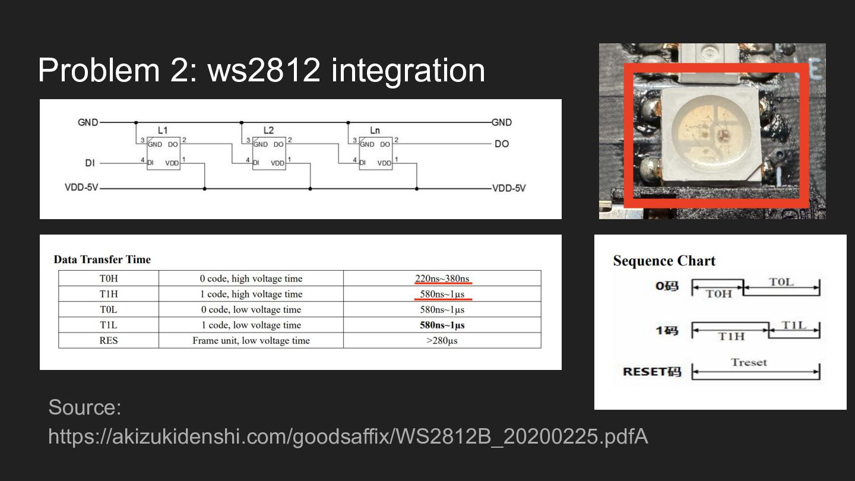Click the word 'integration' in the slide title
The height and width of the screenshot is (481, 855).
[408, 70]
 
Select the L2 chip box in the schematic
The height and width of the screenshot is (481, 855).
[269, 153]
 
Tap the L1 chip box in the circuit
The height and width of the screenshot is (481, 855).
[163, 153]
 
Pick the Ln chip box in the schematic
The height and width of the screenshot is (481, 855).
[375, 153]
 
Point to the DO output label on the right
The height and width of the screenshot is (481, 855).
[502, 144]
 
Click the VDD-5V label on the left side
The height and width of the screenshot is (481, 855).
[81, 188]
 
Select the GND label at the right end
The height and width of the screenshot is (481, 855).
[502, 122]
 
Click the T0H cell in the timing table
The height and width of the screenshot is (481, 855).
[109, 279]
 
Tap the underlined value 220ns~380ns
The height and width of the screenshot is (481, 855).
[442, 279]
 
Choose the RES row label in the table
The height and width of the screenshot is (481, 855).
[109, 340]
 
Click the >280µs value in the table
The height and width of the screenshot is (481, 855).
[442, 340]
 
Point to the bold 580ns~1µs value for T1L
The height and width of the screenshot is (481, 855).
[442, 325]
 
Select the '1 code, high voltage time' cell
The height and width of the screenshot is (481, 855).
[251, 294]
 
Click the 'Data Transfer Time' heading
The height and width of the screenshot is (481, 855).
[102, 260]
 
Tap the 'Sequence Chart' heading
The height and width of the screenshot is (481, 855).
[664, 261]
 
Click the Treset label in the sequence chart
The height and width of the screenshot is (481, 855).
[749, 362]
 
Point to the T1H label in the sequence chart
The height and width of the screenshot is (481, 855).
[731, 336]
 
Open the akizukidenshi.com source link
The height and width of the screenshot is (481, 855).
[348, 436]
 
